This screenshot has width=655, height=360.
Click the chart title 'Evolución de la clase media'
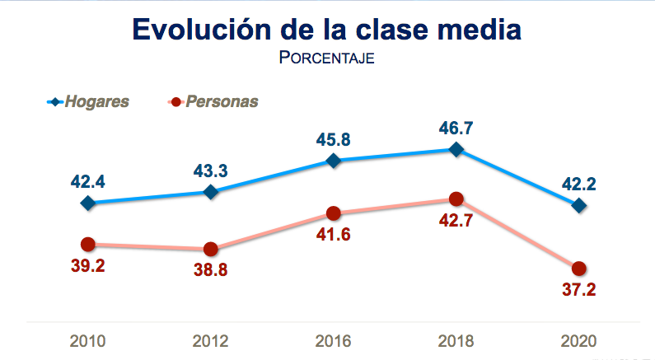point(326,29)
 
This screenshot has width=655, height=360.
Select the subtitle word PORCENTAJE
point(327,59)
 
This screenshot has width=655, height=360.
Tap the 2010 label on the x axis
point(88,340)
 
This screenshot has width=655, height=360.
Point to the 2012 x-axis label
point(211,340)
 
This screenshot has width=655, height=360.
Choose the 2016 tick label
point(333,340)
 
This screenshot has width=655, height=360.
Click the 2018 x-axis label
point(456,340)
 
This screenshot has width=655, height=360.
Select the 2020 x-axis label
point(578,340)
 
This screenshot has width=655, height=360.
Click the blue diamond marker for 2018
point(456,149)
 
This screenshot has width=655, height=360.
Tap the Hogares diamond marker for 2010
point(88,202)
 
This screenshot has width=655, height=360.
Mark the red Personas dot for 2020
point(578,269)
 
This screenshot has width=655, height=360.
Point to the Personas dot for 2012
point(211,249)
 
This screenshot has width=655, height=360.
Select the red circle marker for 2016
point(333,213)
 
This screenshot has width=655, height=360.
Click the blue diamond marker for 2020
point(578,205)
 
